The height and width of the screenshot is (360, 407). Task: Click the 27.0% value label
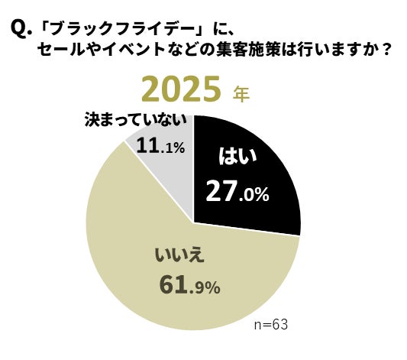pos(237,193)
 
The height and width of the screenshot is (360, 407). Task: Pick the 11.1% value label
pos(160,144)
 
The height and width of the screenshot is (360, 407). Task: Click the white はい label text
pos(238,157)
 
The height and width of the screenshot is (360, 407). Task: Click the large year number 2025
pos(184,91)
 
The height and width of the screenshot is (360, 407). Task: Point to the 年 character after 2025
pos(241,94)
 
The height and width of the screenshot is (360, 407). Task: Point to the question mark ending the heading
pos(387,51)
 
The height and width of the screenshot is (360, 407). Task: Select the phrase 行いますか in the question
pos(339,51)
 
